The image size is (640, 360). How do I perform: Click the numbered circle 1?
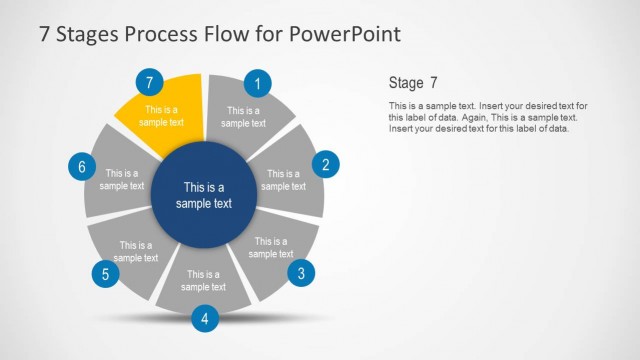pyautogui.click(x=258, y=84)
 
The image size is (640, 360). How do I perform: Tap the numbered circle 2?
pyautogui.click(x=325, y=165)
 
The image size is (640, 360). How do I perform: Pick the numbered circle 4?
pyautogui.click(x=204, y=319)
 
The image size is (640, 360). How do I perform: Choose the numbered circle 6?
pyautogui.click(x=82, y=166)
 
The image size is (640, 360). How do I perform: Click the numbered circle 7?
pyautogui.click(x=149, y=82)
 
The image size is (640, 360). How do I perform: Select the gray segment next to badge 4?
pyautogui.click(x=204, y=280)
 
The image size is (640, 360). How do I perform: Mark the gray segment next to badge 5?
pyautogui.click(x=134, y=250)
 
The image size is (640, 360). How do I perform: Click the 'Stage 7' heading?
pyautogui.click(x=413, y=83)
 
